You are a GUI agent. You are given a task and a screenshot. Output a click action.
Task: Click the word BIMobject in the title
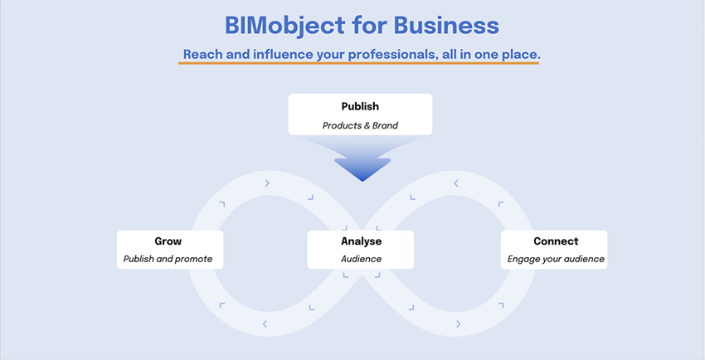click(x=285, y=26)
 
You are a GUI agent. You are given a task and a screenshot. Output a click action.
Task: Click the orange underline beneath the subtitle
click(x=358, y=63)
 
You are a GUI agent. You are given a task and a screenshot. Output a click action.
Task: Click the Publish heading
click(x=360, y=106)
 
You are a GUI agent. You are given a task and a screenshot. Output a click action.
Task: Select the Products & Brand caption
click(x=360, y=125)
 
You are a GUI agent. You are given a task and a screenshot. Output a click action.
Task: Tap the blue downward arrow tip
click(x=362, y=180)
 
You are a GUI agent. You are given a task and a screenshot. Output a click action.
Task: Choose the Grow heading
click(x=168, y=241)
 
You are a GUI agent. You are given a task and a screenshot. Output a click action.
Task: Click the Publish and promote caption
click(x=168, y=259)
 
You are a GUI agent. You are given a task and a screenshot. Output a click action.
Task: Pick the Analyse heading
click(x=361, y=241)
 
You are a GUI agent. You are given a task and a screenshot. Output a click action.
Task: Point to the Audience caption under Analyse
click(x=361, y=259)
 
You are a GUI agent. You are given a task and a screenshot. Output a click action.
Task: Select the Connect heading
click(x=556, y=241)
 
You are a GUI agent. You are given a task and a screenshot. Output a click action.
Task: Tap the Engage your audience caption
click(x=556, y=259)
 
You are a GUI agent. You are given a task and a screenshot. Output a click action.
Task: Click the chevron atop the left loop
click(x=268, y=183)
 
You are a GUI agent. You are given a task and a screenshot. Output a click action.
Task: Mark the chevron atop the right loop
click(x=455, y=183)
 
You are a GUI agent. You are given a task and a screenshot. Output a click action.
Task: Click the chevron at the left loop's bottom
click(x=265, y=324)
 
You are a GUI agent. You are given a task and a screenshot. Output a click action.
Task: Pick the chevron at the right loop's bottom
click(x=458, y=324)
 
